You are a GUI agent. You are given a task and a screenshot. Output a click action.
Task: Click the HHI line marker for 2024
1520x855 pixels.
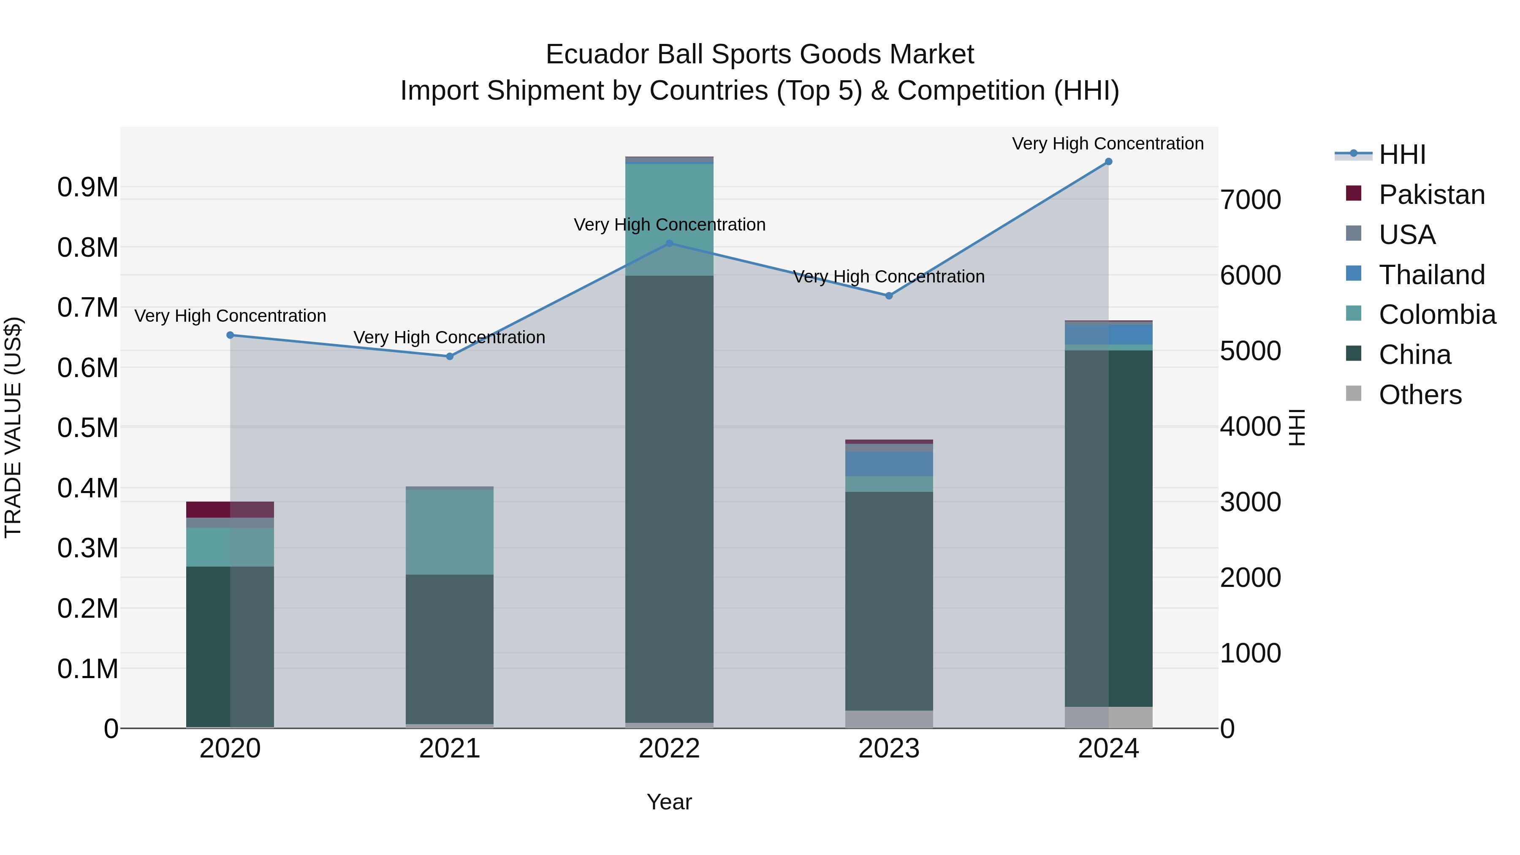pos(1108,162)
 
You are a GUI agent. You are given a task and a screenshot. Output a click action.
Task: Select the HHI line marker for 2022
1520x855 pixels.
pos(669,243)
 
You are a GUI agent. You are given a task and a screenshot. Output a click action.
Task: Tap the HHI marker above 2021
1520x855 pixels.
pos(450,356)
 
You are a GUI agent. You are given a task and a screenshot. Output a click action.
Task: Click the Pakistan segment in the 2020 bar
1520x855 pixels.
pos(230,509)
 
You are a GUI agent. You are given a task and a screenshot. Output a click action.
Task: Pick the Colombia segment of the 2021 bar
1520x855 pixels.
pos(450,532)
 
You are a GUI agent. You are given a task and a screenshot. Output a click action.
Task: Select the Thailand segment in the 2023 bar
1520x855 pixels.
pos(889,464)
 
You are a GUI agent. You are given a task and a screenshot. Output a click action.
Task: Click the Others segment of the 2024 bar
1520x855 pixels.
pos(1108,717)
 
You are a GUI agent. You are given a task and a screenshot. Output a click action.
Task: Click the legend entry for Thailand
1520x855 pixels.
pos(1431,275)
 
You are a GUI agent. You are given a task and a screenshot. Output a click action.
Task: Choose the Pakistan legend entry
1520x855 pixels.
pos(1431,195)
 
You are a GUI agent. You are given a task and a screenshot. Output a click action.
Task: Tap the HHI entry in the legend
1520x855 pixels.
pos(1402,155)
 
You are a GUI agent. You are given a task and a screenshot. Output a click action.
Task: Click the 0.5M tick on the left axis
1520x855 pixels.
pos(87,428)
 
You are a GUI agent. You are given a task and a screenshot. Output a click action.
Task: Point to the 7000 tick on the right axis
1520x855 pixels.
pos(1250,200)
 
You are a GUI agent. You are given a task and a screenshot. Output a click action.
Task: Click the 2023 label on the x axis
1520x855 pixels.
pos(889,749)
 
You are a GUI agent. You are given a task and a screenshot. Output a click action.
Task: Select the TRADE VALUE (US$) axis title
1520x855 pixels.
pos(13,427)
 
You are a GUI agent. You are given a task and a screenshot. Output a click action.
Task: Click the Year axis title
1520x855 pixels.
pos(669,802)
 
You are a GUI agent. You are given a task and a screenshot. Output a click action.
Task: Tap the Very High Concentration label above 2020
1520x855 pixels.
pos(230,316)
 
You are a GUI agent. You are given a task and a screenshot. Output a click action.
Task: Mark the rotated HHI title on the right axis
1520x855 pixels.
pos(1296,427)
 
